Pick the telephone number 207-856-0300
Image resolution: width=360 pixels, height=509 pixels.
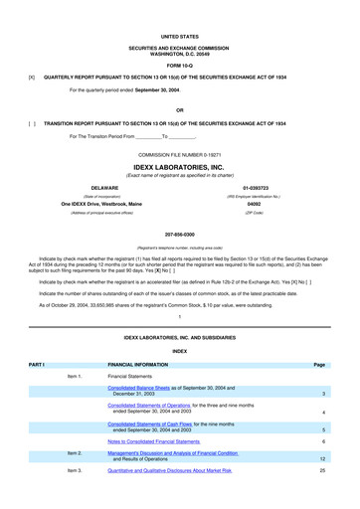coord(180,235)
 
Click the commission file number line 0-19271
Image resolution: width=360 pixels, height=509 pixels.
coord(180,156)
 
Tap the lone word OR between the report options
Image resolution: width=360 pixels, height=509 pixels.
coord(180,110)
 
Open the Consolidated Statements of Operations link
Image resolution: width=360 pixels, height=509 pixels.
coord(159,406)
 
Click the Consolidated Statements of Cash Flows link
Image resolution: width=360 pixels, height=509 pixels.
coord(149,424)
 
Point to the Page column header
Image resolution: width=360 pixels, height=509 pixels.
coord(319,365)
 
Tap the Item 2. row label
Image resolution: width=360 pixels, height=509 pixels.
coord(74,452)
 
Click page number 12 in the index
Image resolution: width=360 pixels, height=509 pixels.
coord(324,458)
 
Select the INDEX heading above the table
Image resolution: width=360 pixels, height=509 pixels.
coord(180,350)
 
